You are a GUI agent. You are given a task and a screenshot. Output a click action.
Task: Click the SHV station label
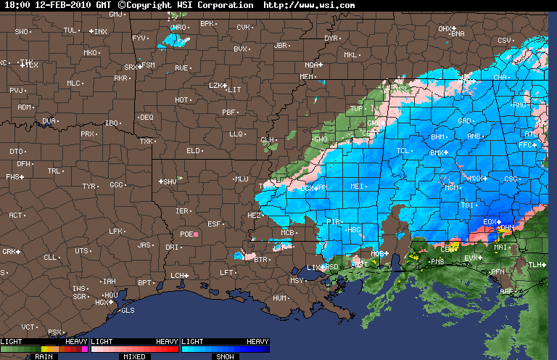(x=170, y=181)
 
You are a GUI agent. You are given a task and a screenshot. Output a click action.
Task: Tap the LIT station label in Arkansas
(x=234, y=90)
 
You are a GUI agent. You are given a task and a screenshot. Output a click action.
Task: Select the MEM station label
(x=307, y=76)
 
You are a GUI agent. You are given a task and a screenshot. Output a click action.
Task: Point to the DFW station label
(x=24, y=164)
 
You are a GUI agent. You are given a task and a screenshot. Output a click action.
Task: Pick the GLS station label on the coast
(x=128, y=311)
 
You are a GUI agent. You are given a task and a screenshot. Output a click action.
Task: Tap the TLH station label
(x=535, y=265)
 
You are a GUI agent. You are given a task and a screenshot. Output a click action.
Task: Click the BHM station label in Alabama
(x=438, y=136)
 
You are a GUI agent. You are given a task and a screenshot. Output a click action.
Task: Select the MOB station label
(x=377, y=254)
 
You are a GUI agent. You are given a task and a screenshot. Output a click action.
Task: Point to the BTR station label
(x=261, y=259)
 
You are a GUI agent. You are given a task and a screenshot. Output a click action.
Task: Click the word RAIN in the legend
(x=44, y=356)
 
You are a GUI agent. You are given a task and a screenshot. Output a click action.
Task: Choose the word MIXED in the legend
(x=134, y=356)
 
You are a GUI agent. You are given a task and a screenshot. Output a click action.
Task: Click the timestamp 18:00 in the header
(x=17, y=5)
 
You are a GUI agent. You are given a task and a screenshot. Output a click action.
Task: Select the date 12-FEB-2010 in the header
(x=65, y=5)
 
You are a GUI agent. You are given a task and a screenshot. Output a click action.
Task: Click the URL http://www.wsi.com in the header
(x=309, y=5)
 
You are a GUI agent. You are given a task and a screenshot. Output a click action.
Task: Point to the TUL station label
(x=70, y=30)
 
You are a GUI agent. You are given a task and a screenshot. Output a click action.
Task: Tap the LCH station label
(x=177, y=276)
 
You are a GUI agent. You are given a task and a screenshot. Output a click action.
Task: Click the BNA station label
(x=458, y=33)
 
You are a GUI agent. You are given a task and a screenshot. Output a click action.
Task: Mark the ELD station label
(x=193, y=151)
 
